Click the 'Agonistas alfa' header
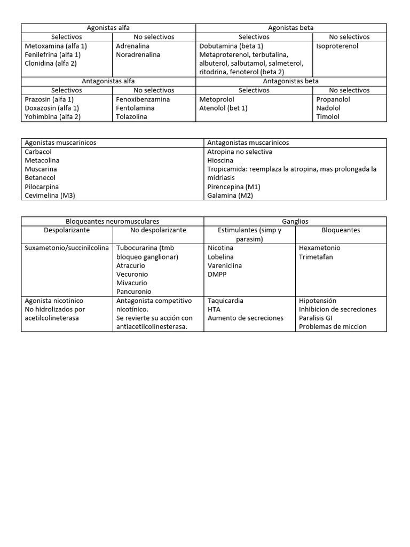point(108,28)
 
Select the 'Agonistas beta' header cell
point(291,28)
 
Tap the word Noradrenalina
point(138,54)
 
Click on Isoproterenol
point(337,46)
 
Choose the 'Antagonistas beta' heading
point(291,81)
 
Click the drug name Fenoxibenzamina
point(143,99)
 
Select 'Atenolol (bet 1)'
point(223,108)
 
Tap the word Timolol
point(328,116)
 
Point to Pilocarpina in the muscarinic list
point(42,186)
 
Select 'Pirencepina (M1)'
point(234,186)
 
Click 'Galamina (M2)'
point(230,196)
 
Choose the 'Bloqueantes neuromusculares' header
point(112,221)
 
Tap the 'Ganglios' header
point(295,221)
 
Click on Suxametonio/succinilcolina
point(67,248)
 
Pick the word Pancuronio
point(133,292)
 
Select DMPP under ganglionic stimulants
point(217,274)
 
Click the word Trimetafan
point(317,256)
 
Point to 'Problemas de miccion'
point(333,326)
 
